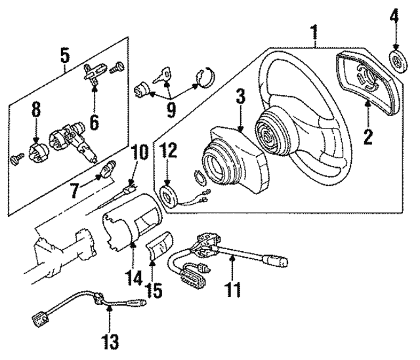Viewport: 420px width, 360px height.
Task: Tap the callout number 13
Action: tap(110, 341)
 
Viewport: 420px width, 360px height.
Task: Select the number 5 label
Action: tap(65, 55)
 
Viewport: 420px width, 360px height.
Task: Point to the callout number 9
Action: tap(171, 110)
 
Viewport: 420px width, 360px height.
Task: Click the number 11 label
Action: tap(232, 289)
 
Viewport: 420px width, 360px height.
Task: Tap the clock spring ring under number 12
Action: tap(168, 198)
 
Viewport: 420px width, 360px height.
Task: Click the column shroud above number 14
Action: tap(132, 221)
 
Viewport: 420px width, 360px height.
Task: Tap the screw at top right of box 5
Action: tap(117, 67)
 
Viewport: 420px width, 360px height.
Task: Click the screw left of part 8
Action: tap(18, 159)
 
